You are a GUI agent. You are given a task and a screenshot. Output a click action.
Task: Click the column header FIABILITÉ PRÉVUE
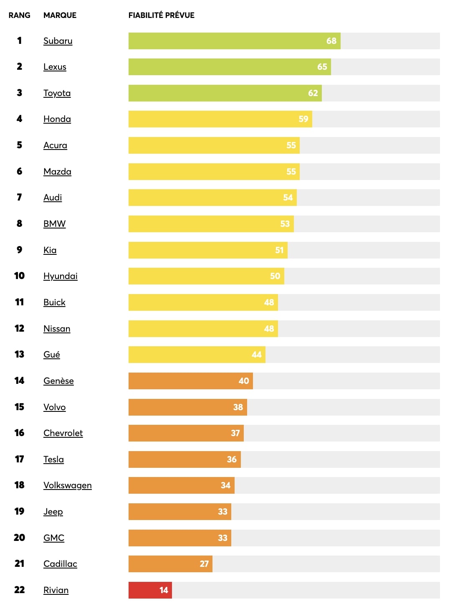coord(161,15)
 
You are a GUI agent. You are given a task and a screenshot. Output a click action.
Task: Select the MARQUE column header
coord(60,15)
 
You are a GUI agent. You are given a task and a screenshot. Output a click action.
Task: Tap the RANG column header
coord(19,15)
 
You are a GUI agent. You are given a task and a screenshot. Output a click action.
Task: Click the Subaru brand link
coord(58,41)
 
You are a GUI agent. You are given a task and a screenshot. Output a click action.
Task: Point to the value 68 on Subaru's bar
coord(331,41)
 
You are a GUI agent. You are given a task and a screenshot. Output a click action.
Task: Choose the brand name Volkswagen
coord(67,485)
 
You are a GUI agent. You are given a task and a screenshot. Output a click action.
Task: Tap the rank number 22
coord(19,590)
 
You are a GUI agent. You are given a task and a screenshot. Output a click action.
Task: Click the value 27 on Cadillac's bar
coord(204,564)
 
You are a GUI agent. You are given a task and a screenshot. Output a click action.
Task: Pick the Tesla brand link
coord(53,459)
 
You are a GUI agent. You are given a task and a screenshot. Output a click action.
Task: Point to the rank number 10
coord(19,276)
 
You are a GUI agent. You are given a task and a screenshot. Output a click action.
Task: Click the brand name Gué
coord(52,355)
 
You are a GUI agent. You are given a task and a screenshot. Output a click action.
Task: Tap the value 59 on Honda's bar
coord(303,119)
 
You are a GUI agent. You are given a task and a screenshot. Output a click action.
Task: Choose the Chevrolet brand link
coord(63,433)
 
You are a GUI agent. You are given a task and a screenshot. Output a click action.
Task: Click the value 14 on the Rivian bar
coord(164,590)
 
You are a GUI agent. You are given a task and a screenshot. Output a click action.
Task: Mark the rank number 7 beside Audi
coord(19,197)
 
